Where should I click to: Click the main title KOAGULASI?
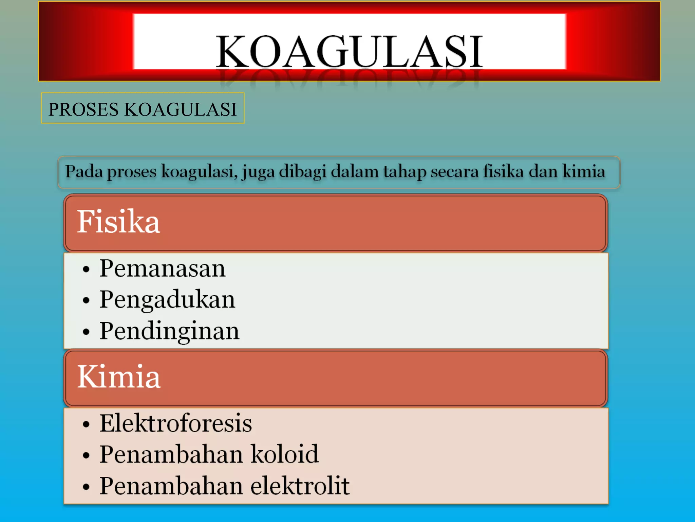[x=350, y=51]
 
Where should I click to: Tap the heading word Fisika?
[x=118, y=222]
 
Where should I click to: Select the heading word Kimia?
[x=119, y=377]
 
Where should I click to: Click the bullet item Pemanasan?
[x=162, y=268]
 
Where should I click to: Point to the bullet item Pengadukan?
[x=167, y=300]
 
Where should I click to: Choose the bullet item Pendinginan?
[x=169, y=331]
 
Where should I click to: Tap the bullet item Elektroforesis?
[x=175, y=423]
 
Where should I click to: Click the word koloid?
[x=284, y=454]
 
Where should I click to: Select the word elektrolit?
[x=300, y=486]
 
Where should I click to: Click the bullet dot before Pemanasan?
[x=86, y=269]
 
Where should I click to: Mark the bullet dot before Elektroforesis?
[x=86, y=424]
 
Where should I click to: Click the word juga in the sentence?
[x=258, y=172]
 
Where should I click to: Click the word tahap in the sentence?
[x=405, y=172]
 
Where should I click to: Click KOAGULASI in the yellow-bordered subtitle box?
[x=181, y=109]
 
